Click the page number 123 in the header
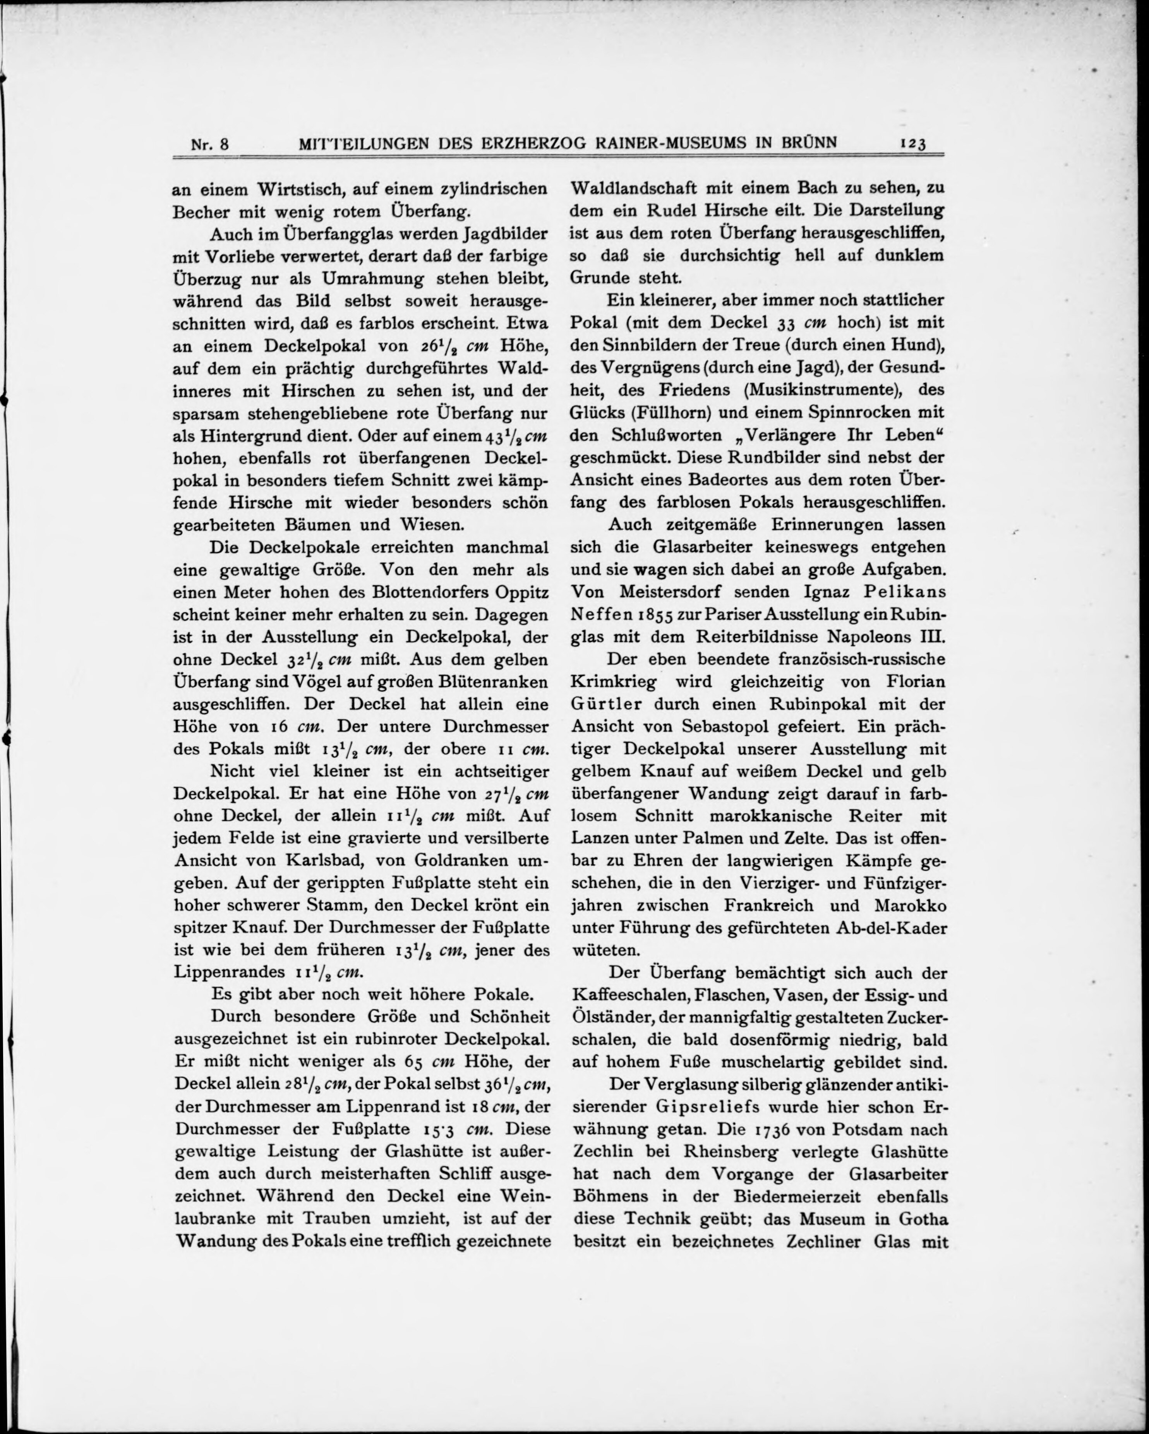tap(912, 144)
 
